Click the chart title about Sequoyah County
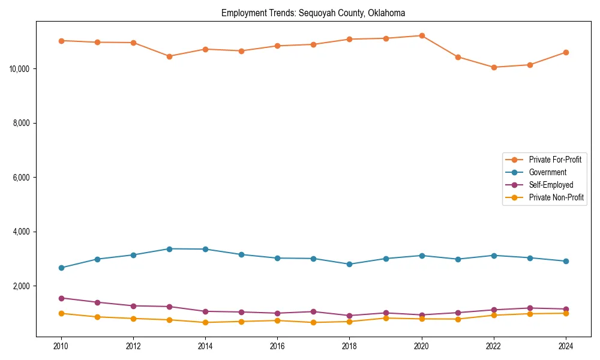313,13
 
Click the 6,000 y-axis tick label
22,178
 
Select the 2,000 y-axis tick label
22,286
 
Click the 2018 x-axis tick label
350,346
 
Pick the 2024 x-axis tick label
566,346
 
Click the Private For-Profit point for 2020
422,35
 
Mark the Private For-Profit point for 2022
494,67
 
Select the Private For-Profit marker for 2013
169,56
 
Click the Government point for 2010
61,268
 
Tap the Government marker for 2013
169,248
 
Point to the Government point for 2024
566,261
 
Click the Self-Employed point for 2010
61,298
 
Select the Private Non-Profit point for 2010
61,313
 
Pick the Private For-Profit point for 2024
566,52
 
